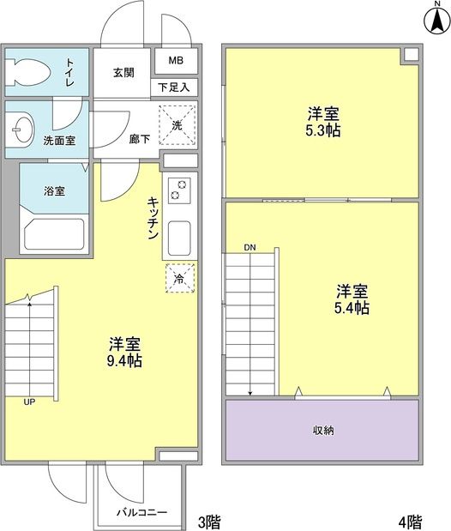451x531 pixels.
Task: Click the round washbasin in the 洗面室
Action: (x=20, y=130)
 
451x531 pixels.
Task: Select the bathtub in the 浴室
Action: (x=53, y=233)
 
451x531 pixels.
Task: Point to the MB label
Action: (x=176, y=61)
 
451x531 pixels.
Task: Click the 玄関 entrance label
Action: (x=123, y=72)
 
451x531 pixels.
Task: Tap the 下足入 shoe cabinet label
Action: (x=175, y=87)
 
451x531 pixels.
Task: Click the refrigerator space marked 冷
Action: (x=179, y=278)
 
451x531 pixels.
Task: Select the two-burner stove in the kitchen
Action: (x=179, y=190)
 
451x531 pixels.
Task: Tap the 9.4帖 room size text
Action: (x=125, y=360)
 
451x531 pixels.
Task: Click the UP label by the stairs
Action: (x=29, y=401)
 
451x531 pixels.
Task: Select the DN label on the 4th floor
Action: (x=250, y=247)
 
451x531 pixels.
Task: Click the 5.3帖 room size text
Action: (x=322, y=132)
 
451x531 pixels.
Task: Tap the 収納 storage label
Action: (x=322, y=430)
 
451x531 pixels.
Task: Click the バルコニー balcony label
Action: (x=142, y=514)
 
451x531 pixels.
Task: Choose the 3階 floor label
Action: (x=210, y=521)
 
